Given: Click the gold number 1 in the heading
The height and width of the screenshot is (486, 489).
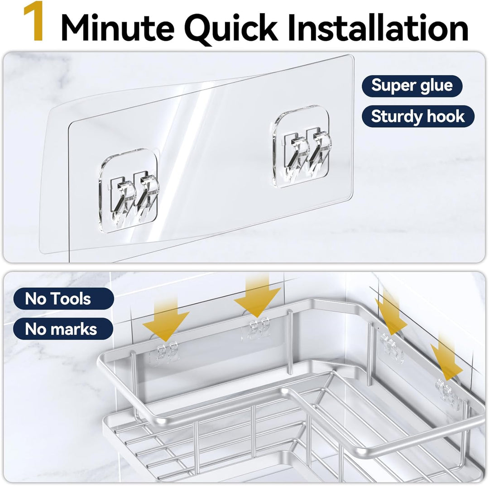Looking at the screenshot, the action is [34, 21].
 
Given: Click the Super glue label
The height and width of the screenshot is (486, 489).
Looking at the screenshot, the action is [412, 86].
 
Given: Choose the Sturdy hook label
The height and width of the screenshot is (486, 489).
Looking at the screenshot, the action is [418, 117].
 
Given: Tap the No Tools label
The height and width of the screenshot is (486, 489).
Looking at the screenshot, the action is [64, 299].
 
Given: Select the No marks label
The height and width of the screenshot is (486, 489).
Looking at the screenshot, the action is [63, 329].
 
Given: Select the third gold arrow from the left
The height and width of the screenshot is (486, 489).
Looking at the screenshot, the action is [390, 315].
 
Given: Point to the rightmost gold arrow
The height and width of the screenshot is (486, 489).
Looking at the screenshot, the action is [446, 358].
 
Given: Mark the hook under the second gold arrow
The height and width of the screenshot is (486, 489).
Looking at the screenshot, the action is [256, 329].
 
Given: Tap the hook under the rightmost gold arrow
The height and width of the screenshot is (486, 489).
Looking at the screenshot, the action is [446, 393].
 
